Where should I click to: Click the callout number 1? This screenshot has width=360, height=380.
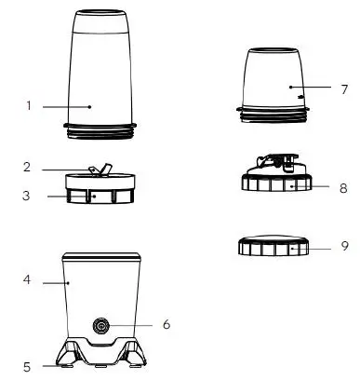(29, 106)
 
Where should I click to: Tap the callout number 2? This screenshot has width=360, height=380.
(29, 168)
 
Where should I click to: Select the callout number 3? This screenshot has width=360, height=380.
(29, 197)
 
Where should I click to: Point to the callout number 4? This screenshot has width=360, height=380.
(29, 278)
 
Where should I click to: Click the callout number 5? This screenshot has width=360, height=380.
(29, 365)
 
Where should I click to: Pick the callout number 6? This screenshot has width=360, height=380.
(166, 325)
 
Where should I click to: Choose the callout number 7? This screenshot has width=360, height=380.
(344, 90)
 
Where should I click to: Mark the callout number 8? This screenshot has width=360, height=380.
(344, 187)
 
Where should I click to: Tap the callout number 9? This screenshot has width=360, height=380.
(344, 248)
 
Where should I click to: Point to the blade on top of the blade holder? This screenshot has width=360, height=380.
(99, 169)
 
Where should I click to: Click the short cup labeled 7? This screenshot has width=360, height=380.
(275, 79)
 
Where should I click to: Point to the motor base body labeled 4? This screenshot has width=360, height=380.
(102, 289)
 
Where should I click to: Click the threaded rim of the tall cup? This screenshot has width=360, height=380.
(100, 131)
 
